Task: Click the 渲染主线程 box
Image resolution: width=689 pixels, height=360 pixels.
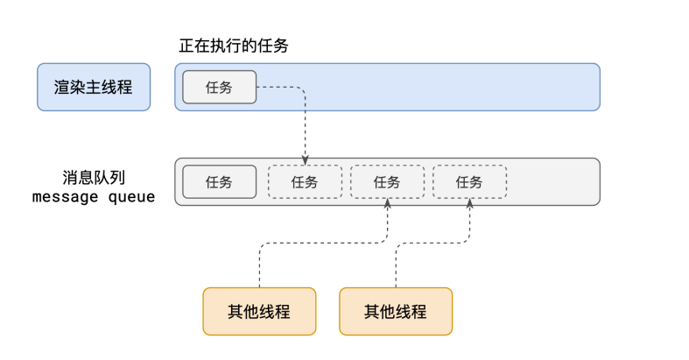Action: (94, 87)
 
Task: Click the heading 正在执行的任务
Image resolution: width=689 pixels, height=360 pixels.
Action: (233, 46)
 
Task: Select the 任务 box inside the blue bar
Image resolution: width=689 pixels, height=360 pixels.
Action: (219, 87)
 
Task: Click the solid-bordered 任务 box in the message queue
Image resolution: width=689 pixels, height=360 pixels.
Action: (219, 182)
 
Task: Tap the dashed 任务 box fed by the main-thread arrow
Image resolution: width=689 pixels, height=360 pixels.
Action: (305, 182)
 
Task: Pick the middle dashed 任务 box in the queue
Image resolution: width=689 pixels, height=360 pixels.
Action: (387, 182)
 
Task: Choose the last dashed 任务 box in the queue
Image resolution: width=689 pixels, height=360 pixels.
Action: (469, 182)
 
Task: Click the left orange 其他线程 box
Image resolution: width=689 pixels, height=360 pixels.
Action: (259, 311)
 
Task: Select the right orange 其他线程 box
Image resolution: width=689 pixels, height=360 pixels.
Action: (396, 311)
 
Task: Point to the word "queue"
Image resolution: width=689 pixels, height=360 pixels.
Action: (132, 197)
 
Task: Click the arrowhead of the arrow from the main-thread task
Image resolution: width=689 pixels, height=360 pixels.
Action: (305, 160)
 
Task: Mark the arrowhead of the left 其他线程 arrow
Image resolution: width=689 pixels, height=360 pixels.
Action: (387, 203)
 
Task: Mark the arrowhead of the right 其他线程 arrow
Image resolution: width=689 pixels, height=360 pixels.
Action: (469, 203)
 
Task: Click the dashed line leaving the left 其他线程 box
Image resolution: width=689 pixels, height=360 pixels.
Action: (259, 267)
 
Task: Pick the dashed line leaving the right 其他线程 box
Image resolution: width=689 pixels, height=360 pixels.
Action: (396, 267)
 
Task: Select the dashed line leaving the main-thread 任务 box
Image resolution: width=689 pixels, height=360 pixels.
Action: (280, 87)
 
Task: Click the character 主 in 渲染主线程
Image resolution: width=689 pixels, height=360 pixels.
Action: (94, 87)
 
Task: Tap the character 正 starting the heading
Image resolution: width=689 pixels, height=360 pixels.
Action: (186, 46)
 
